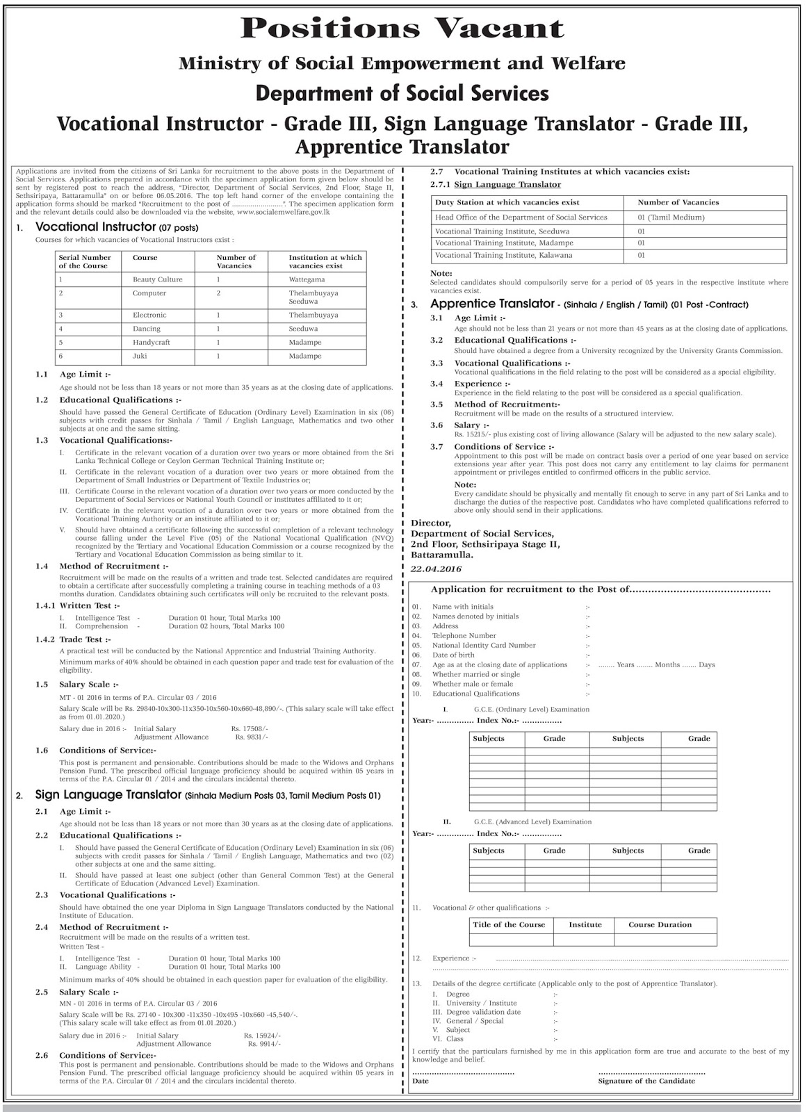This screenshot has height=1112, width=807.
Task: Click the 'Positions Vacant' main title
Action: click(402, 28)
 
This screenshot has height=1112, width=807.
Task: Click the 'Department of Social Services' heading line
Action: click(402, 93)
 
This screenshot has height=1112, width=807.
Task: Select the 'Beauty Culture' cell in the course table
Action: click(158, 279)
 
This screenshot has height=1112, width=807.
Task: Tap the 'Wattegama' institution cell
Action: click(307, 279)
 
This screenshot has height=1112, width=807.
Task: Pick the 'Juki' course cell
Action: click(140, 356)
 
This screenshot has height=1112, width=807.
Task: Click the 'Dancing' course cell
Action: click(146, 329)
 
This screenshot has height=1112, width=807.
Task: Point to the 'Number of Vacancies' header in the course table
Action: click(236, 261)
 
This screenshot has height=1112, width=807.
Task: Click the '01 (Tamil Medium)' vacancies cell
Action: click(671, 218)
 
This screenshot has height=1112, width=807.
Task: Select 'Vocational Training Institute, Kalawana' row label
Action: click(503, 255)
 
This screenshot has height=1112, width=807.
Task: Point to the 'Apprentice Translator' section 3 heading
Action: click(491, 304)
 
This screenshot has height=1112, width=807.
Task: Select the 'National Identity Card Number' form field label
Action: click(484, 646)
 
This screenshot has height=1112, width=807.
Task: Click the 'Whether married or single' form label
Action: click(475, 674)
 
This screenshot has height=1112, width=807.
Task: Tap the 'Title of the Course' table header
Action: click(509, 925)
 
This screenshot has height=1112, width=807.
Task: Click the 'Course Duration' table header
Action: click(660, 925)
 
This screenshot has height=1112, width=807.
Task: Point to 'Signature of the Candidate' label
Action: click(646, 1081)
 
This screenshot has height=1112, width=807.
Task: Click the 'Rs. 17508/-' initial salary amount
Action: click(250, 728)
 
